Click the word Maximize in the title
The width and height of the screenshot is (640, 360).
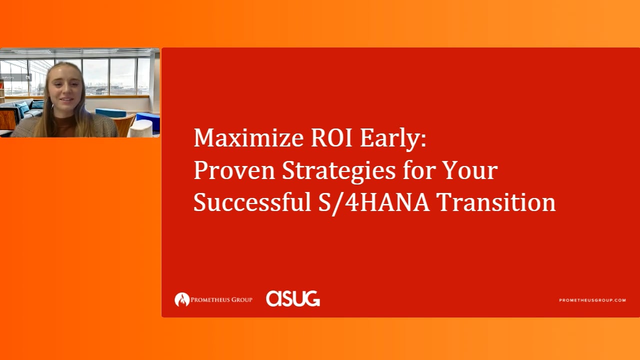248,137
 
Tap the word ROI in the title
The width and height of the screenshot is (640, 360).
331,137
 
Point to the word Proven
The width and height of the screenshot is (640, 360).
234,170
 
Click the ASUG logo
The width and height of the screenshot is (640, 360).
293,298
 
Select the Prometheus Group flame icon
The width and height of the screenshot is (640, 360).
182,299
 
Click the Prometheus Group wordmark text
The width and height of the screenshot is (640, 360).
221,299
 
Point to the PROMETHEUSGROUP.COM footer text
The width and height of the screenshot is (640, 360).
592,300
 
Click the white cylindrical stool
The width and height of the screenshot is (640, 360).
141,128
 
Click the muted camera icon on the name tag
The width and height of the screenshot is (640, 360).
27,77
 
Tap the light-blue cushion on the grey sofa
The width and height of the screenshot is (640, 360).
23,109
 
